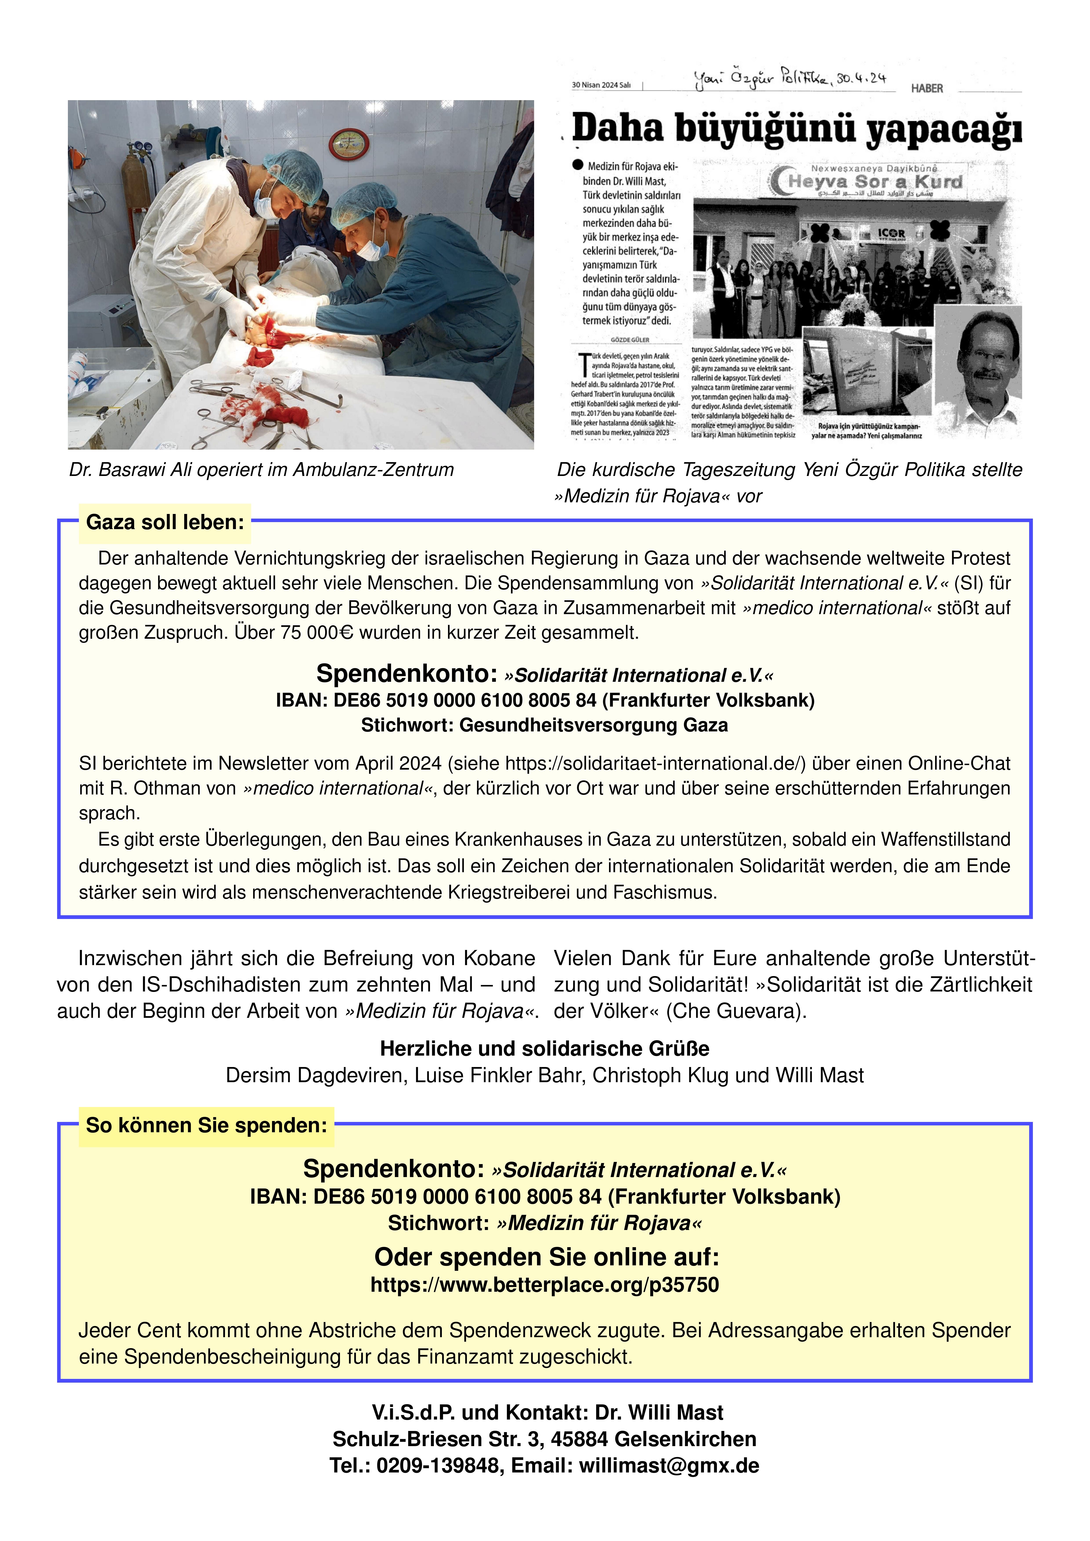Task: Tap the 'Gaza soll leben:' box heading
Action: (165, 522)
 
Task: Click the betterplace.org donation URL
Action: (545, 1285)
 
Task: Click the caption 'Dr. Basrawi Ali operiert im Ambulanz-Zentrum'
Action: (261, 470)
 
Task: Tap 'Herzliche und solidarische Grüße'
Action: (545, 1048)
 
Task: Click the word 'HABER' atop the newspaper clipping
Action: (927, 88)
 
